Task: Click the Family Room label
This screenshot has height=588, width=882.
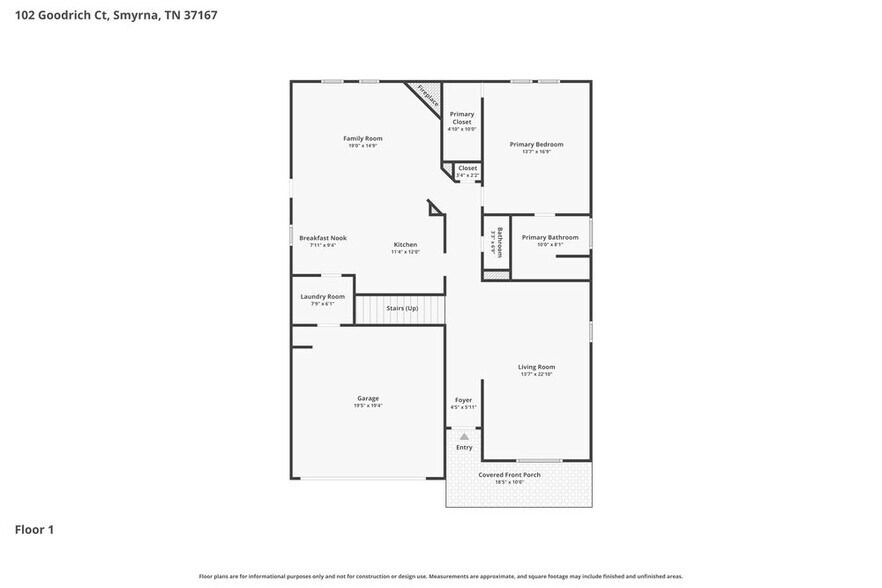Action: click(362, 138)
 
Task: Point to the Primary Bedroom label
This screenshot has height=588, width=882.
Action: click(536, 144)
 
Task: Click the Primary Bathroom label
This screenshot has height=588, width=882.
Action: click(549, 237)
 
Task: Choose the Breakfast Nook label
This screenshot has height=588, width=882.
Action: click(322, 238)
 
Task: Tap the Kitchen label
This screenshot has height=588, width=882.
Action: click(405, 245)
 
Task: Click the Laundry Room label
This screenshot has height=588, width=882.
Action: click(322, 296)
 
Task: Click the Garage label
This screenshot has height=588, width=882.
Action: click(367, 397)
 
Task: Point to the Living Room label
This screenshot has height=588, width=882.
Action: click(536, 367)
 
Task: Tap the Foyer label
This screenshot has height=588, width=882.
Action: click(463, 400)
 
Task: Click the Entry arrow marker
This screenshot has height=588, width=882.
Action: click(464, 436)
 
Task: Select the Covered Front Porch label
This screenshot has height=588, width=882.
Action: click(509, 474)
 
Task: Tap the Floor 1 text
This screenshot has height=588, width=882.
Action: click(34, 529)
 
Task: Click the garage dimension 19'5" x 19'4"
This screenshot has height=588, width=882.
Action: click(367, 405)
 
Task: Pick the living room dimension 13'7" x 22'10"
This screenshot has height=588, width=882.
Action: click(536, 375)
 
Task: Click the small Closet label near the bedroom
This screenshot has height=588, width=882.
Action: click(467, 168)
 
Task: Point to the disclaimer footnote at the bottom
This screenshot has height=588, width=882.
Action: click(440, 576)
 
